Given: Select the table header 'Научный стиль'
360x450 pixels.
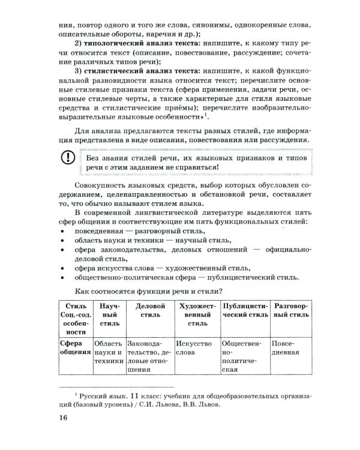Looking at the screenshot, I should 109,313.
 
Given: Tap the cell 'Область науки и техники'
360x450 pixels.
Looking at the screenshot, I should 109,353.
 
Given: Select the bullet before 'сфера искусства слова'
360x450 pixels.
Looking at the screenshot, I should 63,268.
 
